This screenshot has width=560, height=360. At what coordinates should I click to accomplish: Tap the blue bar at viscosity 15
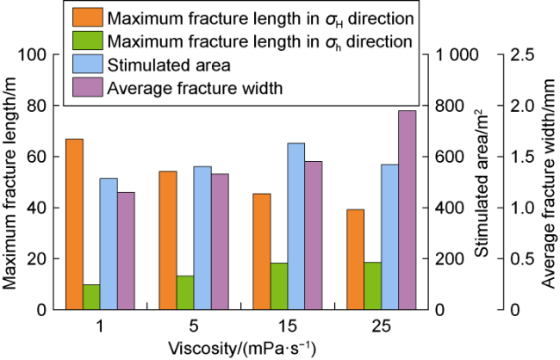coord(296,226)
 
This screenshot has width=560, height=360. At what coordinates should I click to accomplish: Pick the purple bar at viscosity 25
coord(407,210)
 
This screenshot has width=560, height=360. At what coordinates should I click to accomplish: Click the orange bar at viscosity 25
coord(355,259)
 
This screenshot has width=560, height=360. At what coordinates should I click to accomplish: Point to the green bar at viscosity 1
coord(91,297)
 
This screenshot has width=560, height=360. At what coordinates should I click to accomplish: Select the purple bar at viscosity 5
coord(220,241)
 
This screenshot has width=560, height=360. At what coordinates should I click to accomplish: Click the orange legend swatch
coord(86,16)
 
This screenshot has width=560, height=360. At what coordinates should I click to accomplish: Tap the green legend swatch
coord(86,40)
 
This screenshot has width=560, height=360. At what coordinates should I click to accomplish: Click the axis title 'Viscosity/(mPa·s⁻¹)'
coord(242,348)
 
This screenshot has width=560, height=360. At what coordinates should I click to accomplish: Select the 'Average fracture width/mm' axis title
coord(549,182)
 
